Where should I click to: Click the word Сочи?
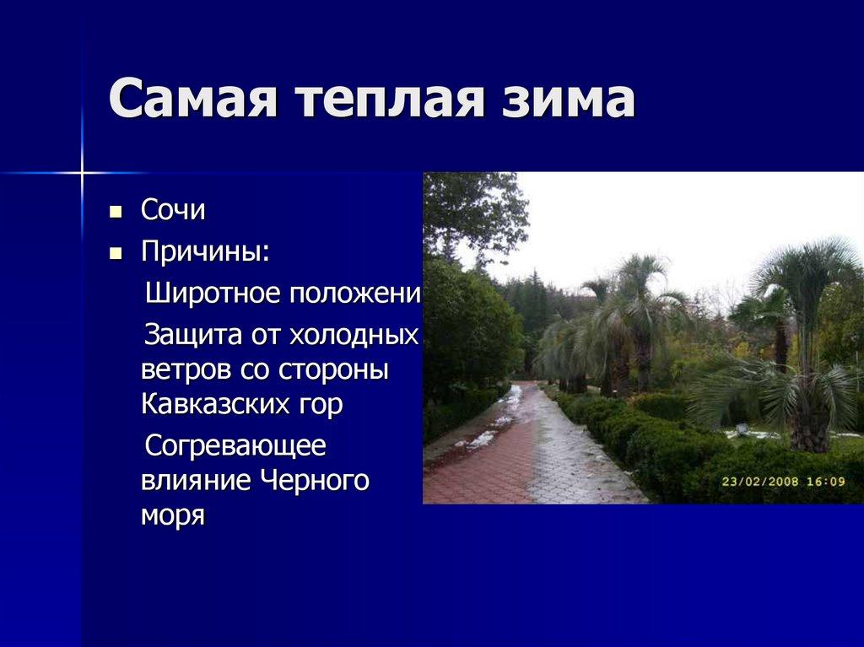coord(173,211)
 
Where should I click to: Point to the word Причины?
coord(206,251)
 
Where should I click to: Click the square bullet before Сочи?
coord(116,211)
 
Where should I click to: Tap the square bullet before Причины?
coord(116,251)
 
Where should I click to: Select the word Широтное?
coord(214,294)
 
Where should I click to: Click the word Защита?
coord(192,335)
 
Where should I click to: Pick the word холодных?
coord(354,335)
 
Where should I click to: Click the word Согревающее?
coord(235,446)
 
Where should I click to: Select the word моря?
coord(172,515)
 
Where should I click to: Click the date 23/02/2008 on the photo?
coord(761,482)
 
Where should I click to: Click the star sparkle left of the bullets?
coord(82,173)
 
